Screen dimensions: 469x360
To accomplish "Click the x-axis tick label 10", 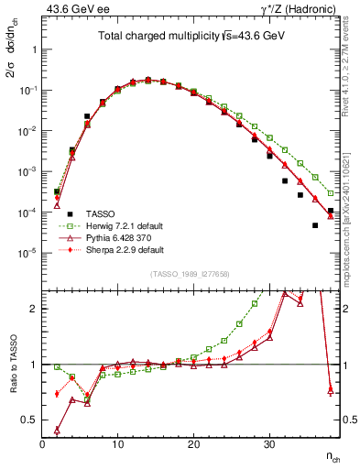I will tap(117, 443).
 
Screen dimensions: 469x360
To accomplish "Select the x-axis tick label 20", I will tap(193, 443).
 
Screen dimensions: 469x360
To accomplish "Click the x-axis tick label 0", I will tap(42, 443).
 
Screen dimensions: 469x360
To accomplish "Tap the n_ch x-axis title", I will tap(335, 455).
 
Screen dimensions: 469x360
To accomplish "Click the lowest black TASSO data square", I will tap(315, 224).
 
